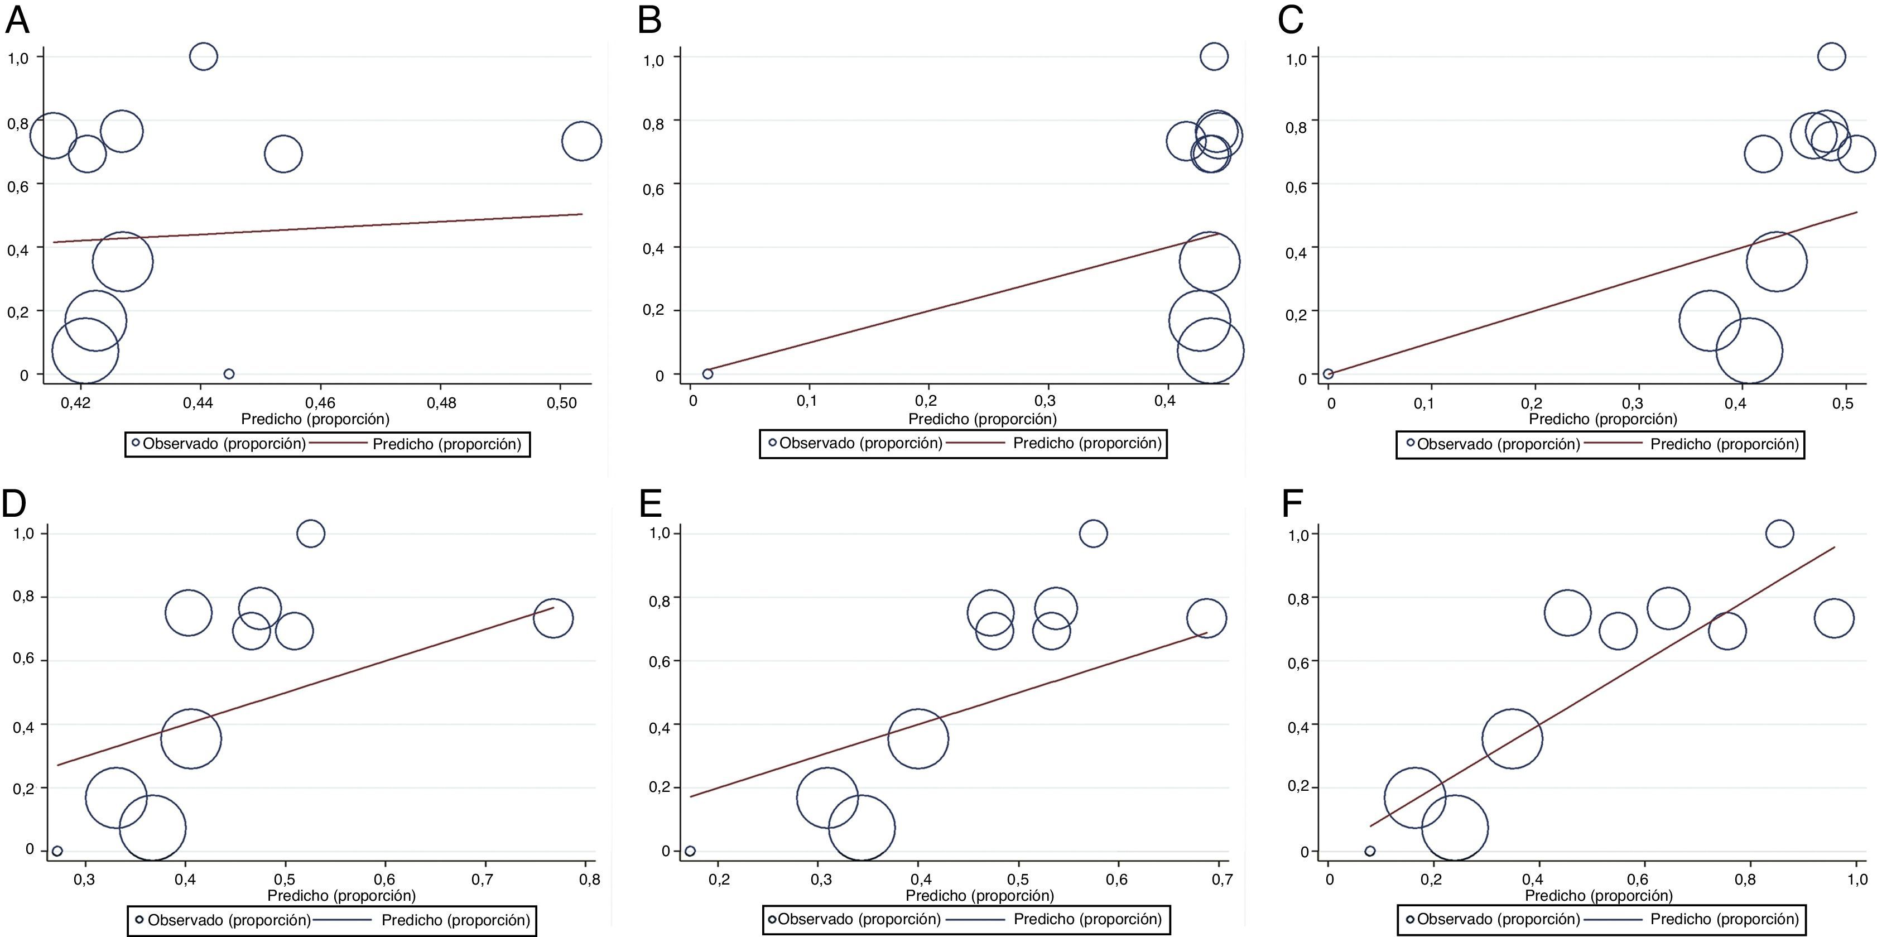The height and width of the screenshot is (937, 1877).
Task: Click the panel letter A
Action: (17, 21)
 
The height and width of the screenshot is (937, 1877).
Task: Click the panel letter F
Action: (1292, 503)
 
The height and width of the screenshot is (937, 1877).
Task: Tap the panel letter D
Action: (14, 503)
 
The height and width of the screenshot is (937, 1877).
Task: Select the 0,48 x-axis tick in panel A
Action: (441, 402)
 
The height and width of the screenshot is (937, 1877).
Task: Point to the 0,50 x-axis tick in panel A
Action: (561, 402)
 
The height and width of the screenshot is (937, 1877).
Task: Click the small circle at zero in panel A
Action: (229, 374)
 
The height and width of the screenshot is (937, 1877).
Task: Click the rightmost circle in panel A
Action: (581, 141)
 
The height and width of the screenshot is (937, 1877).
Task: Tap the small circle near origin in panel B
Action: (708, 374)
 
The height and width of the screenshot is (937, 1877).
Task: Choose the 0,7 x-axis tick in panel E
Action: (1222, 880)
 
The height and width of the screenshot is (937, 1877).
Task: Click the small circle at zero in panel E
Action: (690, 851)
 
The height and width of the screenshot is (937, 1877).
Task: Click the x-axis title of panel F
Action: (1599, 896)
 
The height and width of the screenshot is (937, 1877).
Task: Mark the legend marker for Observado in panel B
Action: (773, 442)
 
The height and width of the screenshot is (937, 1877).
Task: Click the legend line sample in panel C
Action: (1613, 443)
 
